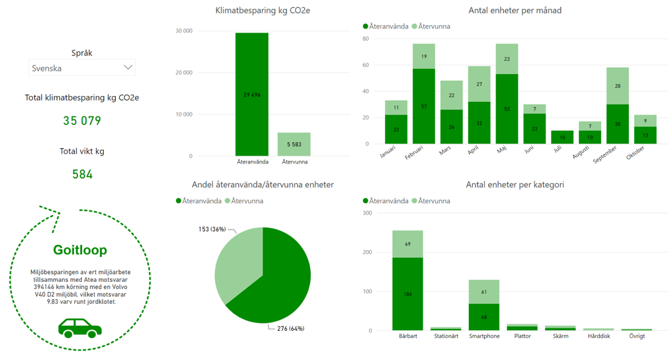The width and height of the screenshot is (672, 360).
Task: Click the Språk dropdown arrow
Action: pyautogui.click(x=128, y=67)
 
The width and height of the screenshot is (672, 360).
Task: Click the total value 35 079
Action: pyautogui.click(x=82, y=120)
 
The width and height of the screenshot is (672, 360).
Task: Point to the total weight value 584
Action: pyautogui.click(x=82, y=174)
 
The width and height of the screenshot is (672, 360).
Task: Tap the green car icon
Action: pyautogui.click(x=80, y=328)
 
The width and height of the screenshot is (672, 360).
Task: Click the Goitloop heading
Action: pyautogui.click(x=80, y=250)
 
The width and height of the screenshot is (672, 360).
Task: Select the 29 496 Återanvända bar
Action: pyautogui.click(x=252, y=95)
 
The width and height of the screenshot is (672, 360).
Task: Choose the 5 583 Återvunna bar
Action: pyautogui.click(x=294, y=144)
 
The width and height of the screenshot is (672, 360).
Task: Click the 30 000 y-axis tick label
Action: pyautogui.click(x=184, y=31)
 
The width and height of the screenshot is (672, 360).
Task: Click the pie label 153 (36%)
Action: pyautogui.click(x=212, y=229)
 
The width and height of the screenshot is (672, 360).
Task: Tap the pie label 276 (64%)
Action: pyautogui.click(x=290, y=328)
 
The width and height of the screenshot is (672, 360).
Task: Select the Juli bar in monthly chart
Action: pyautogui.click(x=563, y=137)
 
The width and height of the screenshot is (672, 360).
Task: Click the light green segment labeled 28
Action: pyautogui.click(x=618, y=86)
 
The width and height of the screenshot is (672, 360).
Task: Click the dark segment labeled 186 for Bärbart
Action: pyautogui.click(x=407, y=293)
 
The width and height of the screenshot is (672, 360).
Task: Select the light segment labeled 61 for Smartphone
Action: pyautogui.click(x=484, y=292)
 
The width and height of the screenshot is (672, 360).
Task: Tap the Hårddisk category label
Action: pyautogui.click(x=599, y=336)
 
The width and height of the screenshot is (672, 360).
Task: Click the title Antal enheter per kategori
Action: pyautogui.click(x=515, y=185)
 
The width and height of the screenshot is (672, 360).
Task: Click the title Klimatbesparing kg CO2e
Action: pyautogui.click(x=263, y=11)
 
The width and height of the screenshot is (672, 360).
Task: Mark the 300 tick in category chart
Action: pyautogui.click(x=367, y=213)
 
